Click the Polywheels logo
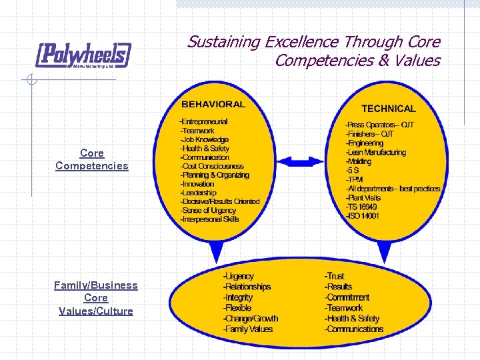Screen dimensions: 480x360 click(83, 55)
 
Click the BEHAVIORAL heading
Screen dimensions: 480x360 click(213, 104)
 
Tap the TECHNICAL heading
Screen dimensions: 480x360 click(388, 108)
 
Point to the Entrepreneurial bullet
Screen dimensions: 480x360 click(203, 121)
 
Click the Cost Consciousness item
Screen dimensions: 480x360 click(212, 166)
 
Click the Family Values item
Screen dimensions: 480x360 click(247, 329)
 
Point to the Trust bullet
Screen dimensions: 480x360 click(335, 276)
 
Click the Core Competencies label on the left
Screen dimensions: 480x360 click(92, 159)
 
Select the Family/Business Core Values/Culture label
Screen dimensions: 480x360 click(96, 298)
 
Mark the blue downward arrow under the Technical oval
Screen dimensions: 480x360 click(385, 251)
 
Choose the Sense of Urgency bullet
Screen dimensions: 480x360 click(208, 211)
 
